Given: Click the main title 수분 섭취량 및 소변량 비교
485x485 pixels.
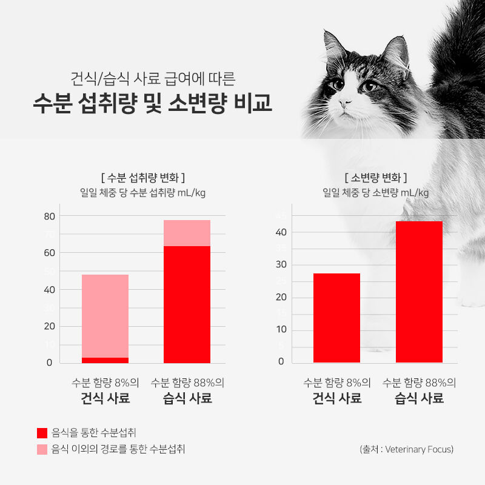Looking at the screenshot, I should pos(152,103).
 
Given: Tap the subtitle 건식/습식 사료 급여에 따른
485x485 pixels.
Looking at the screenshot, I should pos(152,78).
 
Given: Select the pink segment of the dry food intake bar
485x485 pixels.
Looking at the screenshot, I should pos(105,315).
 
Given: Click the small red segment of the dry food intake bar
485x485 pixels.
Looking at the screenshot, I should pos(105,360).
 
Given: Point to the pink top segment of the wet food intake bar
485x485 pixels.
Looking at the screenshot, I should pos(187,233).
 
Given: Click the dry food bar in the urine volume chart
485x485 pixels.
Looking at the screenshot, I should pos(336,318).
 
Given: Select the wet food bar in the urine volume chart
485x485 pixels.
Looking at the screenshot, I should pos(419,292).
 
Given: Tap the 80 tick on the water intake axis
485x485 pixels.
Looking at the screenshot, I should pos(49,216).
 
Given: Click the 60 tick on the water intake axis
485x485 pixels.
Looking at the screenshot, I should pos(49,252).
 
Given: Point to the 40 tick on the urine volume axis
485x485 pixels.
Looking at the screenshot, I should pos(281,232).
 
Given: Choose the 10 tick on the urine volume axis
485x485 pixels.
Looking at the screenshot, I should pos(281,329).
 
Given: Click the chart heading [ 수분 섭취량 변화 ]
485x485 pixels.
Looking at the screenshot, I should pos(142,178).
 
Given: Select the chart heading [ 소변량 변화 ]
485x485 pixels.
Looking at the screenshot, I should pos(375,178).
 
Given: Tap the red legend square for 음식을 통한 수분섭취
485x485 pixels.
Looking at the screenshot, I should pos(42,433).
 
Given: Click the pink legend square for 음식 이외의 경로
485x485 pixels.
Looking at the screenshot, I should pos(42,449).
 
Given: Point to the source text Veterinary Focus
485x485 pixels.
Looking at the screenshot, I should pos(419,449).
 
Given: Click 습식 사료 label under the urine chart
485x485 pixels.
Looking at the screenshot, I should pos(419,398).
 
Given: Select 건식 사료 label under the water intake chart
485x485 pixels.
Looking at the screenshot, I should pos(105,398).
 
